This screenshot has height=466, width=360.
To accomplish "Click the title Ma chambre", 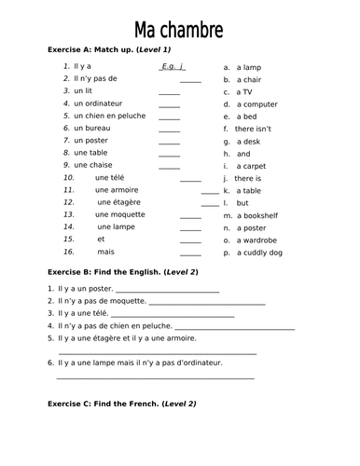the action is (x=179, y=30).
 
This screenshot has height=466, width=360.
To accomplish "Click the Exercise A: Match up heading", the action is (x=107, y=49).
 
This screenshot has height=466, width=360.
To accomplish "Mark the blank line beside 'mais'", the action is (x=190, y=253).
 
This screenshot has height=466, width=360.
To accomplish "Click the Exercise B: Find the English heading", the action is (x=121, y=271).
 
